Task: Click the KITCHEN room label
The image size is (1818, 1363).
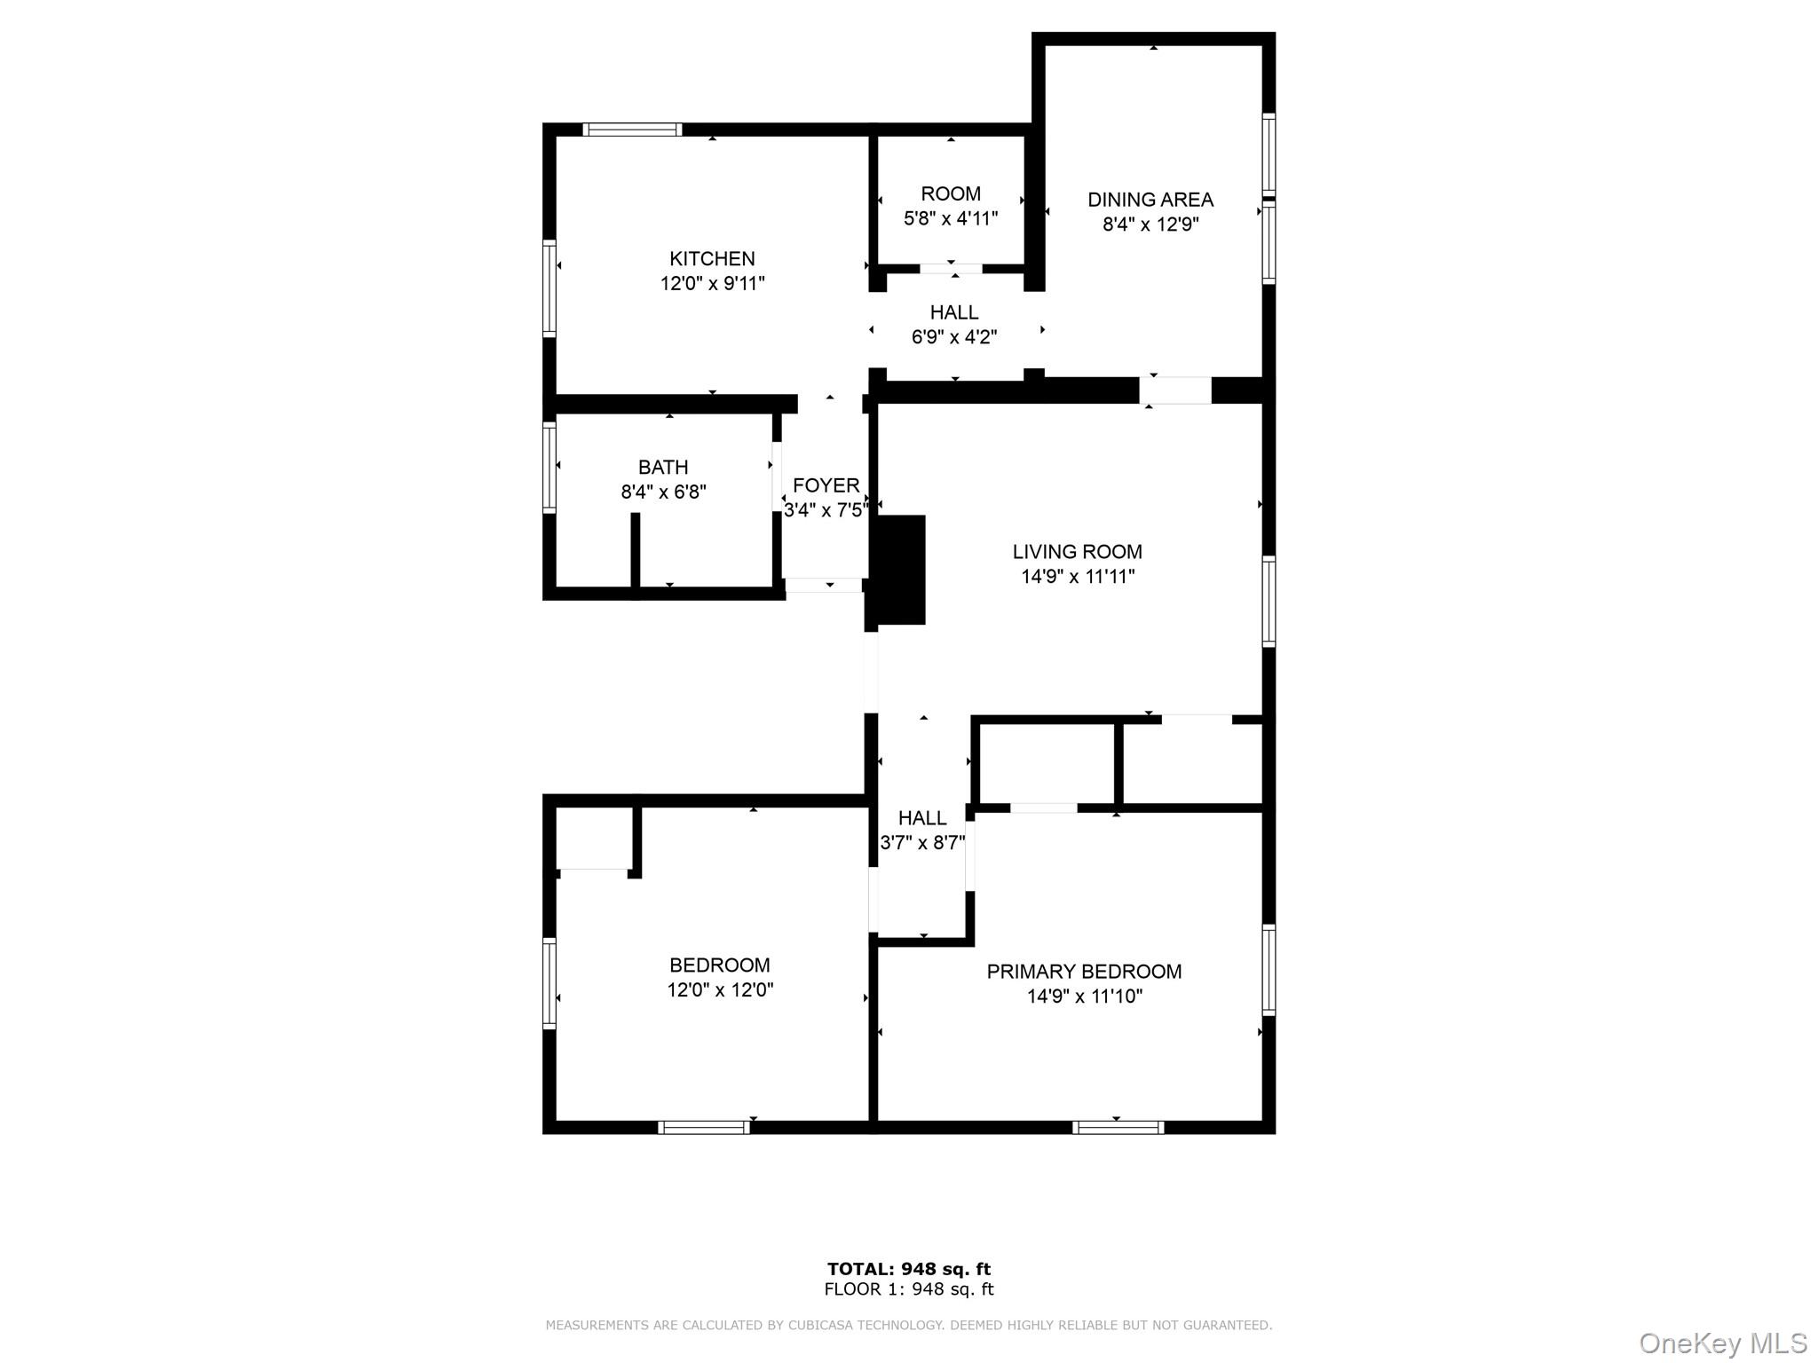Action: [712, 258]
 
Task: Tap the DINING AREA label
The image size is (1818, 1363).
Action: [1150, 200]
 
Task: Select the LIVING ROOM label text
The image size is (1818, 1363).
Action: [1077, 551]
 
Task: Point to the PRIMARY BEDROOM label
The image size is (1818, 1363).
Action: [1084, 971]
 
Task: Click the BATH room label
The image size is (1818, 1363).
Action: [663, 467]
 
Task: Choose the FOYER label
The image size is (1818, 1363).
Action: [826, 485]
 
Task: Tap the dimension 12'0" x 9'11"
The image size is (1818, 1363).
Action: [712, 284]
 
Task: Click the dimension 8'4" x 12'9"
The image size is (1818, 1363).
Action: [1150, 225]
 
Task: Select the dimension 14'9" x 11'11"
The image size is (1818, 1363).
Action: [1077, 577]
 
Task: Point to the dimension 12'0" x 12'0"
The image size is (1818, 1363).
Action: [720, 990]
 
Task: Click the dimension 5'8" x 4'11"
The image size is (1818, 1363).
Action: [951, 218]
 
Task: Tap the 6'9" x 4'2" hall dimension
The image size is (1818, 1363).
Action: [954, 337]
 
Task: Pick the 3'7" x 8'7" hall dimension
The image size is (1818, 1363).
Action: [922, 843]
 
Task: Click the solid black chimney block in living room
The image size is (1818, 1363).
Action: [899, 569]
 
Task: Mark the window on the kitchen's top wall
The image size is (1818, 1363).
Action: [632, 130]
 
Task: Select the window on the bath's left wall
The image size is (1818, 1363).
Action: [549, 467]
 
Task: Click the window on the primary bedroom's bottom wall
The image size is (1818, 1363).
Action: [1118, 1127]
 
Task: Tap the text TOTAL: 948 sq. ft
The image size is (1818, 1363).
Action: [908, 1269]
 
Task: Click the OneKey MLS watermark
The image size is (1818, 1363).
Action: [1722, 1343]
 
